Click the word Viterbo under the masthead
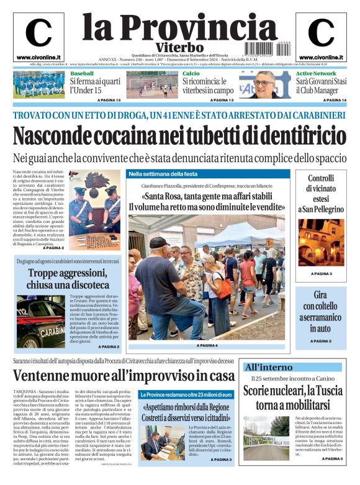pyautogui.click(x=180, y=48)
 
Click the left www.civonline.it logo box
pyautogui.click(x=38, y=36)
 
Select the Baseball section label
pyautogui.click(x=82, y=74)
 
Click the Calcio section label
pyautogui.click(x=191, y=74)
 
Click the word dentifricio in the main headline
pyautogui.click(x=298, y=135)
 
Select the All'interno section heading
pyautogui.click(x=269, y=366)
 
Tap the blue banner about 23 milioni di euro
pyautogui.click(x=186, y=394)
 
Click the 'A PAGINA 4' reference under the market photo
pyautogui.click(x=207, y=345)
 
